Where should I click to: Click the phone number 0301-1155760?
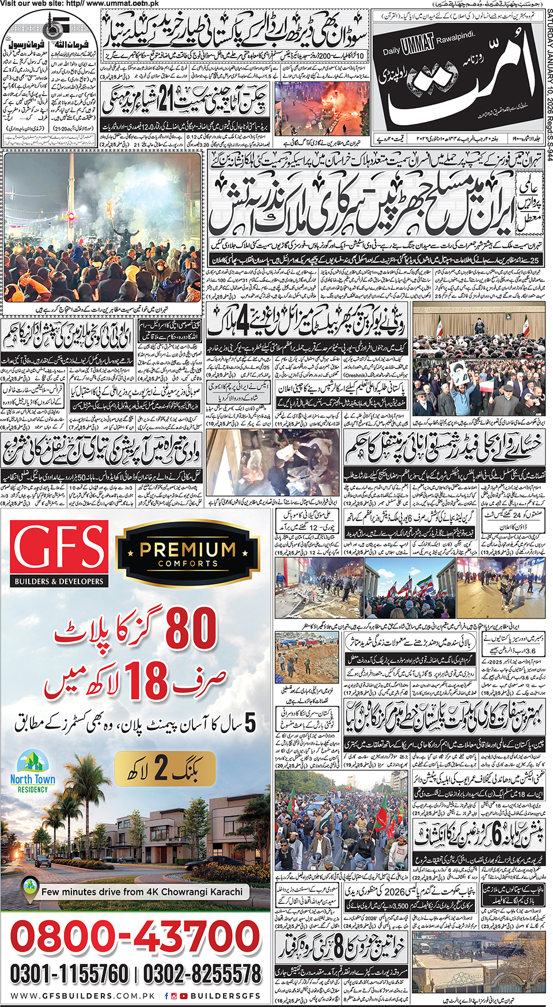[69, 974]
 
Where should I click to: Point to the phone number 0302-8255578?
[202, 974]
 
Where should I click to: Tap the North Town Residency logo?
[33, 771]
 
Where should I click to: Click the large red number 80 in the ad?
[191, 629]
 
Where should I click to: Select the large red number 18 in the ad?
[148, 681]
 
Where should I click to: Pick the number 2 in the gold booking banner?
[161, 768]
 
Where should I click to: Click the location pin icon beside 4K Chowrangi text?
[30, 891]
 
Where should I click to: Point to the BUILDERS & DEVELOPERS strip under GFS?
[59, 581]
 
